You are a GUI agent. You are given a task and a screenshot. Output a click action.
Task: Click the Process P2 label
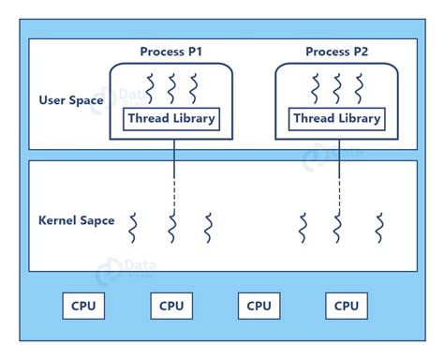pos(337,52)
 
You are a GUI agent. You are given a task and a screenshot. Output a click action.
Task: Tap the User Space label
pos(71,99)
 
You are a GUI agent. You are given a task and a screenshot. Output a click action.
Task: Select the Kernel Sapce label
pos(76,220)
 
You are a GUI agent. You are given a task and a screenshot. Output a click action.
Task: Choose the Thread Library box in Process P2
pos(337,119)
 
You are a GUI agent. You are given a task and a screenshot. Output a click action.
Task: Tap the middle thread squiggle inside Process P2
pos(337,88)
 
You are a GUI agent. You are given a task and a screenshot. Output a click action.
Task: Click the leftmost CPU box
pos(83,306)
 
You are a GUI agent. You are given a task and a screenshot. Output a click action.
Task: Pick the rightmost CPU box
pos(347,306)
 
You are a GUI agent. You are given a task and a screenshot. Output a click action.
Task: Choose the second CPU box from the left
pos(171,306)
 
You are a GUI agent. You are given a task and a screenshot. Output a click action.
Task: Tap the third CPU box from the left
pos(259,306)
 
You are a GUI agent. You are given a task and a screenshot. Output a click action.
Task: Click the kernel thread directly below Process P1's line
pos(173,227)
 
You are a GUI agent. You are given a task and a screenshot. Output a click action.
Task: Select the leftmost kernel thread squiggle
pos(134,227)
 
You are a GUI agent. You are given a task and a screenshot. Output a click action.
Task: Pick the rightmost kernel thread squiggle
pos(379,227)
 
